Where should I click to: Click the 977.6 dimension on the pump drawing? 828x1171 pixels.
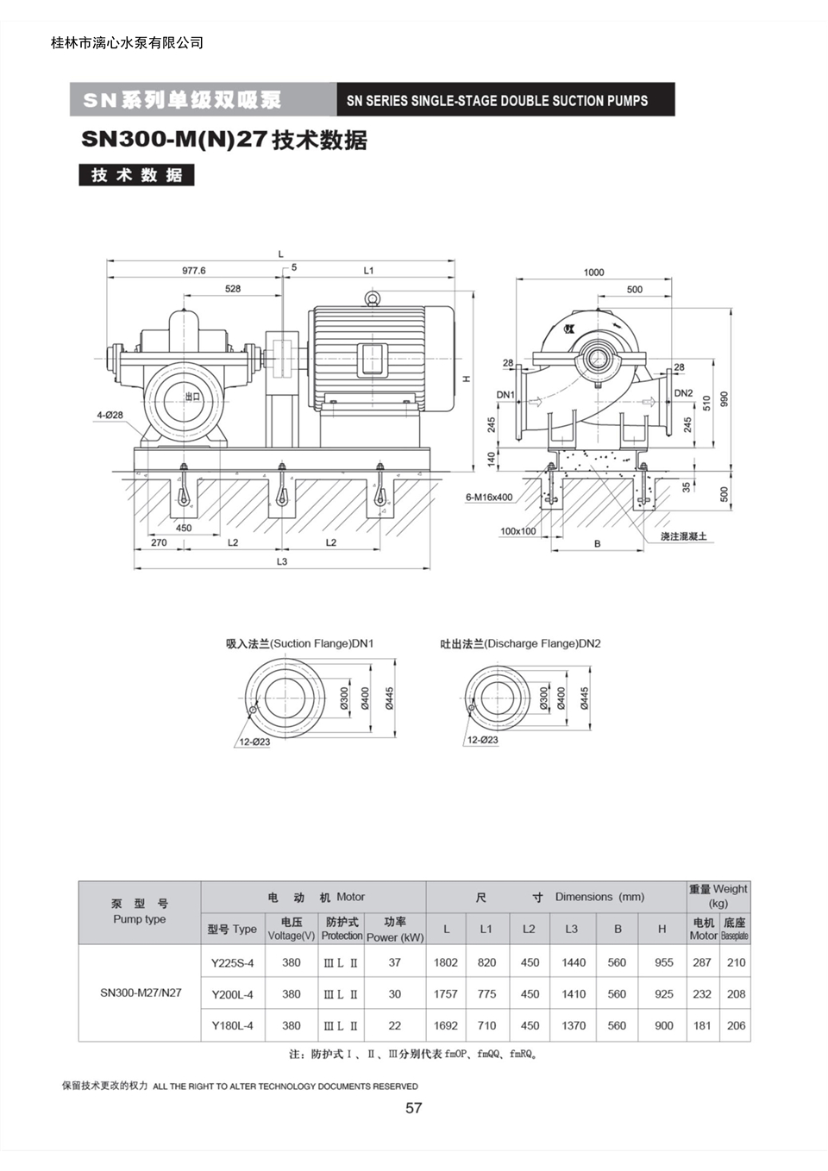[193, 271]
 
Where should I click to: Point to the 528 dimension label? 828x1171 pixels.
[233, 289]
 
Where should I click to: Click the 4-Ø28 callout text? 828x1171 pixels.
[110, 415]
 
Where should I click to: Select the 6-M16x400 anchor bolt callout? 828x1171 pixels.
[489, 498]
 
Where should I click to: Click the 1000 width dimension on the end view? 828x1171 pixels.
[593, 272]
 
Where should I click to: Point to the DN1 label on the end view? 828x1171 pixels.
[505, 395]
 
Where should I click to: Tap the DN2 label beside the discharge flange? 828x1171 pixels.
[683, 393]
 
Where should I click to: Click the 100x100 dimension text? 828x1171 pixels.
[518, 531]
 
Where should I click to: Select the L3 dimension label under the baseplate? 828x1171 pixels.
[282, 561]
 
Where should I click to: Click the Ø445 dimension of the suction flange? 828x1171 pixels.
[390, 698]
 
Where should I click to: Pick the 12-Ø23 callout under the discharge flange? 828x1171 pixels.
[482, 740]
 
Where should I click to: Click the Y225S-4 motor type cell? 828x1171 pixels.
[233, 962]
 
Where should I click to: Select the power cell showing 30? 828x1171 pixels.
[395, 993]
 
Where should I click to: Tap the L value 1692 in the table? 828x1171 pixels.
[445, 1025]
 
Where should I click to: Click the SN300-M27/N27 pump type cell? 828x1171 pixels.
[141, 993]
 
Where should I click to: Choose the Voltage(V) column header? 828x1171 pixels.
[292, 936]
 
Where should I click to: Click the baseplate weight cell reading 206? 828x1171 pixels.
[736, 1025]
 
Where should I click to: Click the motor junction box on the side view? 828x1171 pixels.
[373, 360]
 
